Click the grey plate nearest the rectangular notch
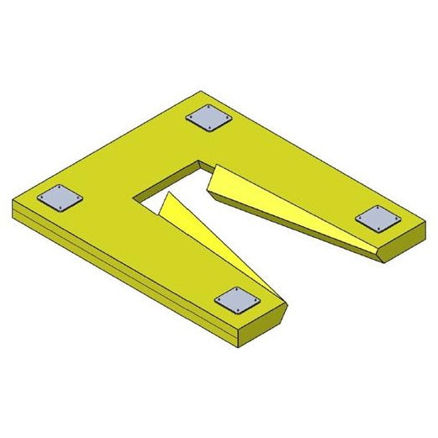coord(208,119)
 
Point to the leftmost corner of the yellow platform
coord(13,202)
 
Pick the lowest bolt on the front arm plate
coord(235,310)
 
